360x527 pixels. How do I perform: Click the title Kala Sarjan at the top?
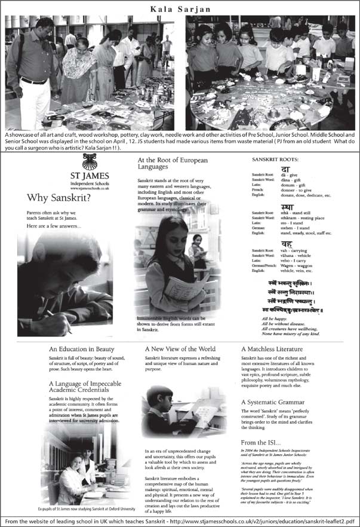(180, 7)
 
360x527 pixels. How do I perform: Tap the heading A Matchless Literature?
(272, 349)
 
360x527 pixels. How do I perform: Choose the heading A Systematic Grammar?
(272, 403)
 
